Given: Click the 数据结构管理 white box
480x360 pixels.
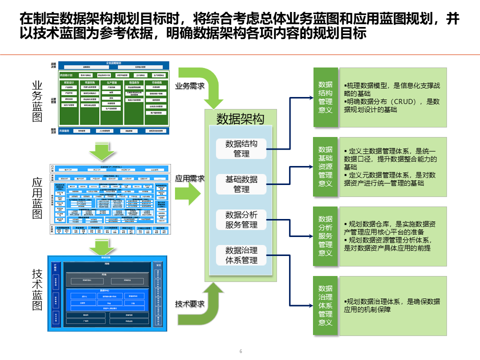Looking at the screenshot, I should click(241, 148).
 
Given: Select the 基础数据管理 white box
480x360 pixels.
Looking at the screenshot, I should click(241, 184).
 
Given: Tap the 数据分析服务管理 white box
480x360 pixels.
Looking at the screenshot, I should click(241, 219).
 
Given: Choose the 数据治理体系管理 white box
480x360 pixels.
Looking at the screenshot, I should click(241, 255).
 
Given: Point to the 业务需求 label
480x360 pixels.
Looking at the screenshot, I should click(189, 85).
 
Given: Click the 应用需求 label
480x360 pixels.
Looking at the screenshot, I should click(189, 178).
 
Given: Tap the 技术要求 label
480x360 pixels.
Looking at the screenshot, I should click(189, 303).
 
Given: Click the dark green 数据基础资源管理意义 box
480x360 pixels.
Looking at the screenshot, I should click(325, 166).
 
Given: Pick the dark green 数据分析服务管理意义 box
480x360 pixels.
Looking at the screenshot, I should click(325, 236).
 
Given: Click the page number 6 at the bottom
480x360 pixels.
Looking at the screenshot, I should click(240, 351).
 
